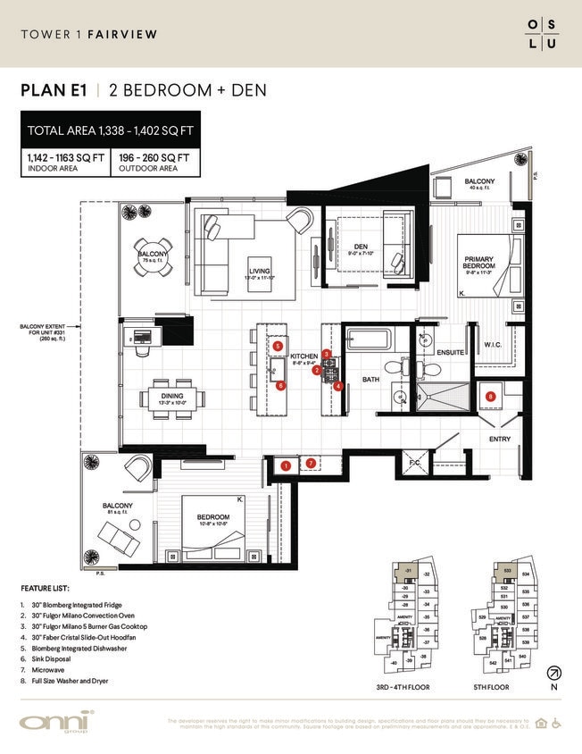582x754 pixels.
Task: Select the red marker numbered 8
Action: [490, 396]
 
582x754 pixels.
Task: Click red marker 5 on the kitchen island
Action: [279, 346]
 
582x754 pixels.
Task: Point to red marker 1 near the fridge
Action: [286, 465]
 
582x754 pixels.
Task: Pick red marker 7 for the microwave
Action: [311, 463]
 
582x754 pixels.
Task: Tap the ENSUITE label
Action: [450, 353]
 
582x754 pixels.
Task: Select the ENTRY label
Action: [499, 439]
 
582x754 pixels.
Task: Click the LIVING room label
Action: [260, 271]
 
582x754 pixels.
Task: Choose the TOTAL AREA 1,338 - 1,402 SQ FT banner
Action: [112, 130]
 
